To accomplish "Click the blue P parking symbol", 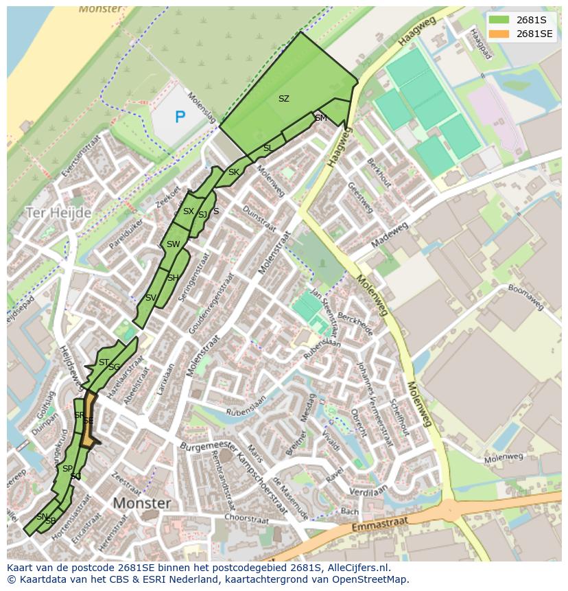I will coord(180,117).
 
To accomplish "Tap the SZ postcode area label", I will coord(283,99).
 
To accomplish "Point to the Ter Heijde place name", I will coord(58,213).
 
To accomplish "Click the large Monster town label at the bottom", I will coord(141,503).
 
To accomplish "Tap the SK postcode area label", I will coord(234,172).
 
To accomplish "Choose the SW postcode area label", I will coord(173,244).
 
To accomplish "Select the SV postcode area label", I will coord(151,298).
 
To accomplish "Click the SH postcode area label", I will coord(173,278).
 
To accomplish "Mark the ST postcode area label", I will coord(104,362).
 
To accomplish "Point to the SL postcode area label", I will coord(268,148).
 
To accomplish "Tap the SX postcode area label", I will coord(188,211).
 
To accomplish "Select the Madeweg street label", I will coord(390,234).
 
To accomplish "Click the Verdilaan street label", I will coord(368,491).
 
